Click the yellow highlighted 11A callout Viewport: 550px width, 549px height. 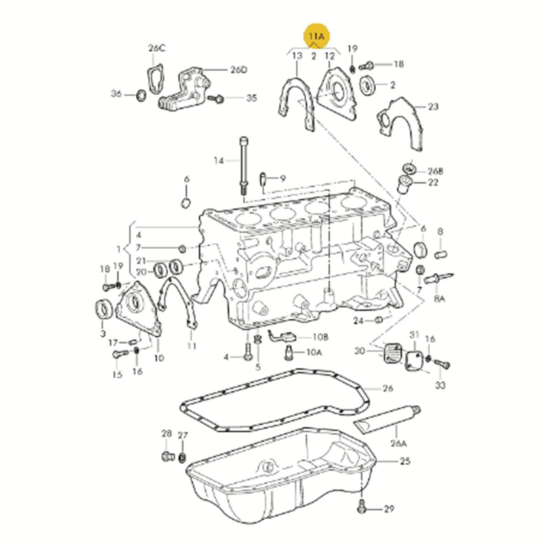[316, 36]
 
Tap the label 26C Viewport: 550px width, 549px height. [157, 48]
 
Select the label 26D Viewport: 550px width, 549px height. [238, 70]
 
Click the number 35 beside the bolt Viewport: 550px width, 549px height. [251, 98]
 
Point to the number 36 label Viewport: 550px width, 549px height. [116, 93]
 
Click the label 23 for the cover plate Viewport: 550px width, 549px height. [433, 107]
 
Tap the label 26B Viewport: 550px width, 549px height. [435, 171]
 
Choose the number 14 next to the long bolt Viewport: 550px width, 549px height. [219, 161]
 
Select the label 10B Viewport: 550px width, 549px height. [320, 337]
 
